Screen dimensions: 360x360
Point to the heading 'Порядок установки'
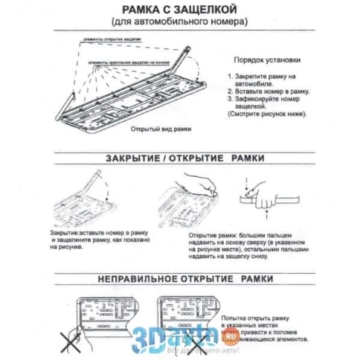(267, 60)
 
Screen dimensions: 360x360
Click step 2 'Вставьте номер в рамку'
(263, 90)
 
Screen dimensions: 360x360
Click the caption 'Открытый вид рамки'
(156, 129)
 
